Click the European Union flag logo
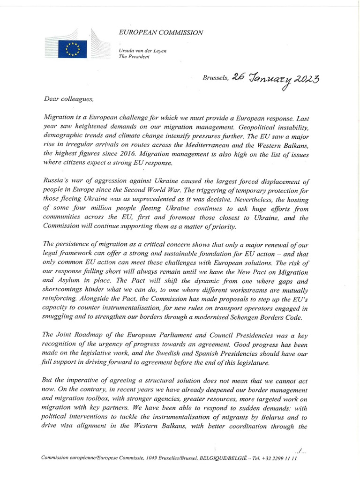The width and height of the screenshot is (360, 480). coord(73,48)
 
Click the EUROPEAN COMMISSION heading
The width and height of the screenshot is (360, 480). coord(161,32)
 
